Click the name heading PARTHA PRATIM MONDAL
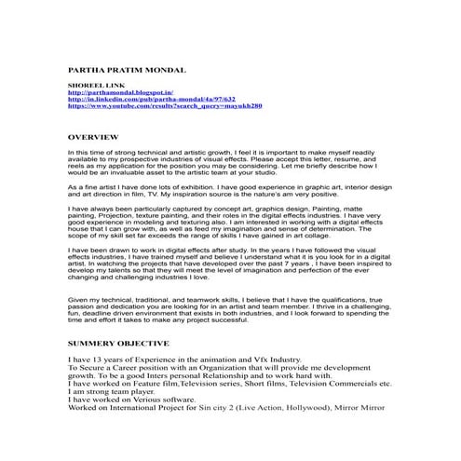(128, 70)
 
